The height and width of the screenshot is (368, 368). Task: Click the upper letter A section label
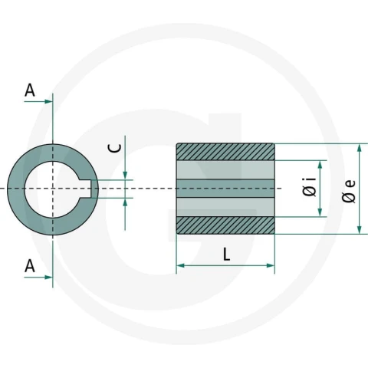coord(30,90)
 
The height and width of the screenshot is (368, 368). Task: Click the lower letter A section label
coord(30,266)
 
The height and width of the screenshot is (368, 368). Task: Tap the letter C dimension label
coord(115,148)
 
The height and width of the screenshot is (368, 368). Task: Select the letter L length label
coord(226,255)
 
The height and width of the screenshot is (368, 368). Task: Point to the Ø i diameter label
coord(310,187)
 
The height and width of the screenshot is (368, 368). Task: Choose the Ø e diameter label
coord(349,192)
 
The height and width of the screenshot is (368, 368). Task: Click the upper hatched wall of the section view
coord(225,152)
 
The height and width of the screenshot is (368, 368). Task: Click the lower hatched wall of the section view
coord(225,225)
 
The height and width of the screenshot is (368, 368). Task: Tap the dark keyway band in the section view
coord(225,189)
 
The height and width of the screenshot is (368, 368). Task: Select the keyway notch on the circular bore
coord(86,189)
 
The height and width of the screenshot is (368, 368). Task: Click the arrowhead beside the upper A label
coord(48,101)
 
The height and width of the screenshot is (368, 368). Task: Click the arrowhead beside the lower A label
coord(48,278)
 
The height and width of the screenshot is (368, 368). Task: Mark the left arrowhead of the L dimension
coord(181,265)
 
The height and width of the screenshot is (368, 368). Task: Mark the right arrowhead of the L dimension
coord(271,265)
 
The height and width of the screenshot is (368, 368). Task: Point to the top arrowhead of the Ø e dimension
coord(360,148)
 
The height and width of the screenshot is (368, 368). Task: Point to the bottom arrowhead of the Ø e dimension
coord(360,229)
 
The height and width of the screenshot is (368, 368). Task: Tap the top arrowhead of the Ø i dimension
coord(320,165)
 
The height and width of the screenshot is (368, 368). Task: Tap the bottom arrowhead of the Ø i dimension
coord(320,212)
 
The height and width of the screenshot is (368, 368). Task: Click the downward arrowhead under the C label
coord(125,176)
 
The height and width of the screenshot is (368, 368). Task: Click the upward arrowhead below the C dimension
coord(125,202)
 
